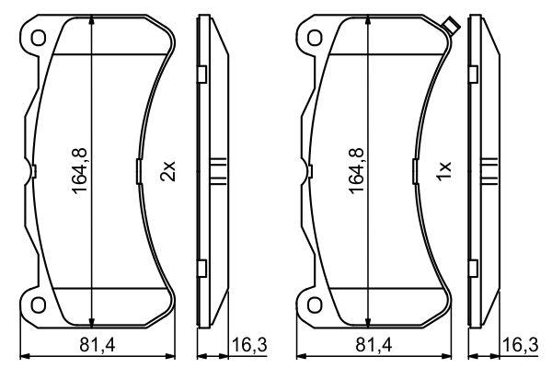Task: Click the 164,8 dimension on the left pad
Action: point(79,171)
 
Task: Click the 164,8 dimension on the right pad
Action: point(356,171)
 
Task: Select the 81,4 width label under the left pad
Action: point(98,345)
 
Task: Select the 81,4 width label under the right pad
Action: point(374,345)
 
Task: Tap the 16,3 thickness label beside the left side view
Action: point(249,345)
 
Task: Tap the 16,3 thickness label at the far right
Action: point(521,345)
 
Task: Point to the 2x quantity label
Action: point(167,171)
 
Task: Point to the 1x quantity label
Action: point(443,171)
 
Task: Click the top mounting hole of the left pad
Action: point(39,38)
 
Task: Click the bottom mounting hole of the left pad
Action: point(39,305)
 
